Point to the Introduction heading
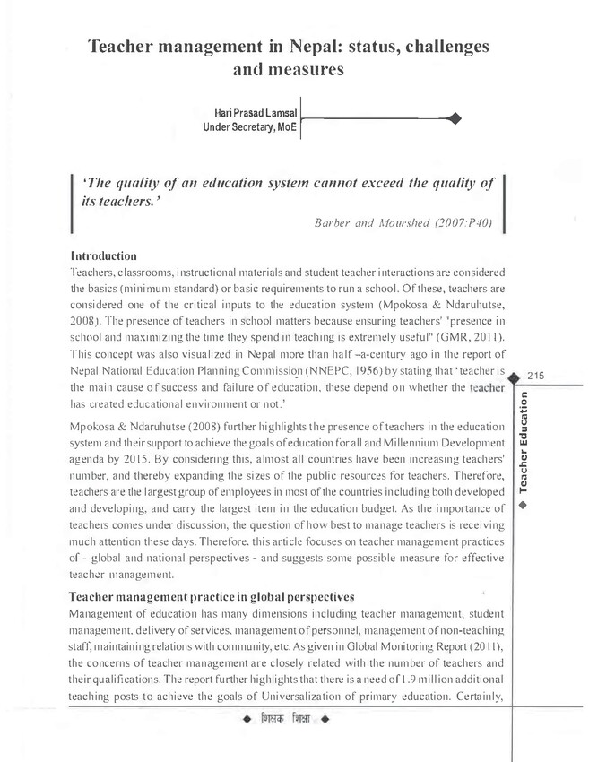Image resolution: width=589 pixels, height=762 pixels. (x=103, y=255)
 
